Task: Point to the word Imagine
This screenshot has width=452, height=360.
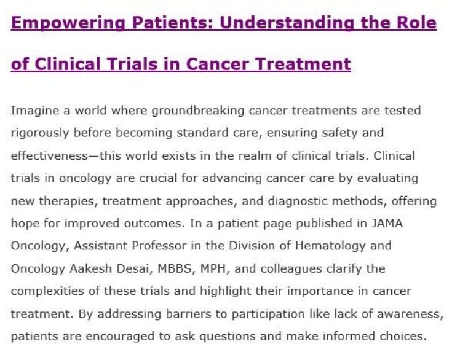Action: click(x=35, y=111)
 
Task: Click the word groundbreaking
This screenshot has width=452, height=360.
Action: click(x=198, y=111)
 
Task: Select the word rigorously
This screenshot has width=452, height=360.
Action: click(x=40, y=133)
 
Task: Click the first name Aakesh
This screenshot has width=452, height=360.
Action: click(x=90, y=268)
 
